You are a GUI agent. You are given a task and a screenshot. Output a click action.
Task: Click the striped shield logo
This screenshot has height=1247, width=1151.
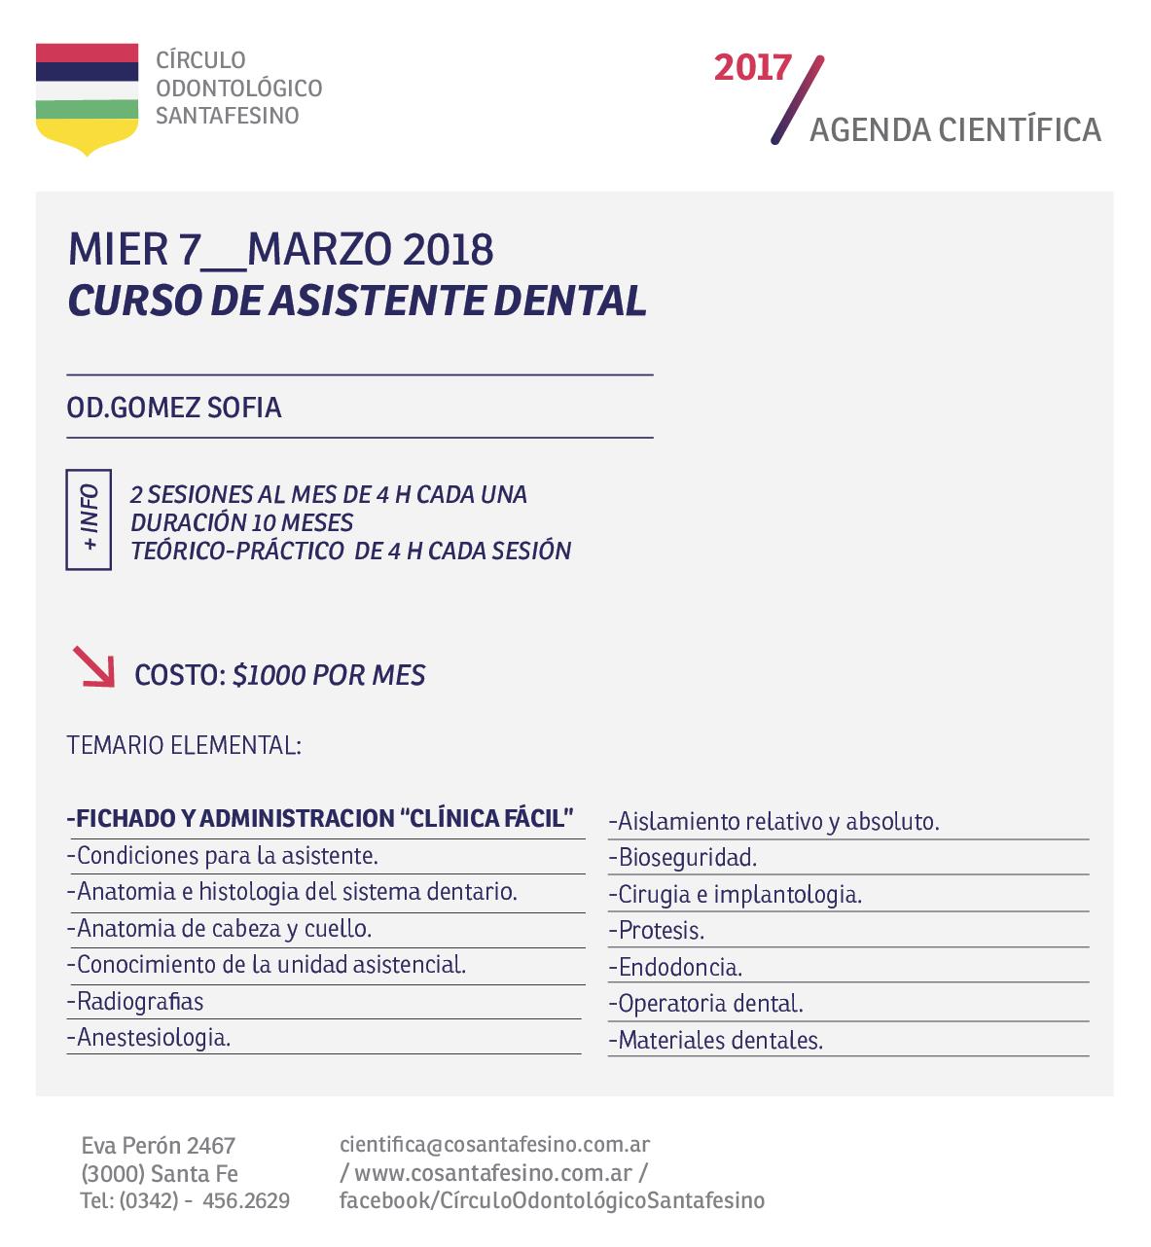87,97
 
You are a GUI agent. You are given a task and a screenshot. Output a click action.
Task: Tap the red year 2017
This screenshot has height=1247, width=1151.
752,68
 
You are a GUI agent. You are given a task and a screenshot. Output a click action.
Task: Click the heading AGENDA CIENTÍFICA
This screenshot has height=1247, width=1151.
954,130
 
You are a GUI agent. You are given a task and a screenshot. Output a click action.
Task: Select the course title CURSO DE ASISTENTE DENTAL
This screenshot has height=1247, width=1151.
357,302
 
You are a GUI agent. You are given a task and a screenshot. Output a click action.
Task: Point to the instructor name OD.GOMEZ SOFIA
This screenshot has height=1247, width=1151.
174,408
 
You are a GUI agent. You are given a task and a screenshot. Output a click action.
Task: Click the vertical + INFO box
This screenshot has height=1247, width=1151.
89,518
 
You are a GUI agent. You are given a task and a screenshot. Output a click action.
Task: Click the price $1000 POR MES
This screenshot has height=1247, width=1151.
329,675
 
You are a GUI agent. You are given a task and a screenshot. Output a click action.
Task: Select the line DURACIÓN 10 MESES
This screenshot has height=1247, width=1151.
242,522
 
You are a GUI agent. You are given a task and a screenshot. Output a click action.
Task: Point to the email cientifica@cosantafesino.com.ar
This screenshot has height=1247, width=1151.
494,1145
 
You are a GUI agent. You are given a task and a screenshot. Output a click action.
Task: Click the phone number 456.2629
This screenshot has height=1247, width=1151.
246,1201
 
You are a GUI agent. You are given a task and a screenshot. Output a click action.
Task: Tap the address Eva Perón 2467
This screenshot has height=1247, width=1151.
159,1146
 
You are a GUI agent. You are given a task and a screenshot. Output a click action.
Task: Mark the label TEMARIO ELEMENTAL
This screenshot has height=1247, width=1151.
184,746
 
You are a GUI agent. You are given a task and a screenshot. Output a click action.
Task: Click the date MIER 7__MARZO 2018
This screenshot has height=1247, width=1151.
280,250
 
